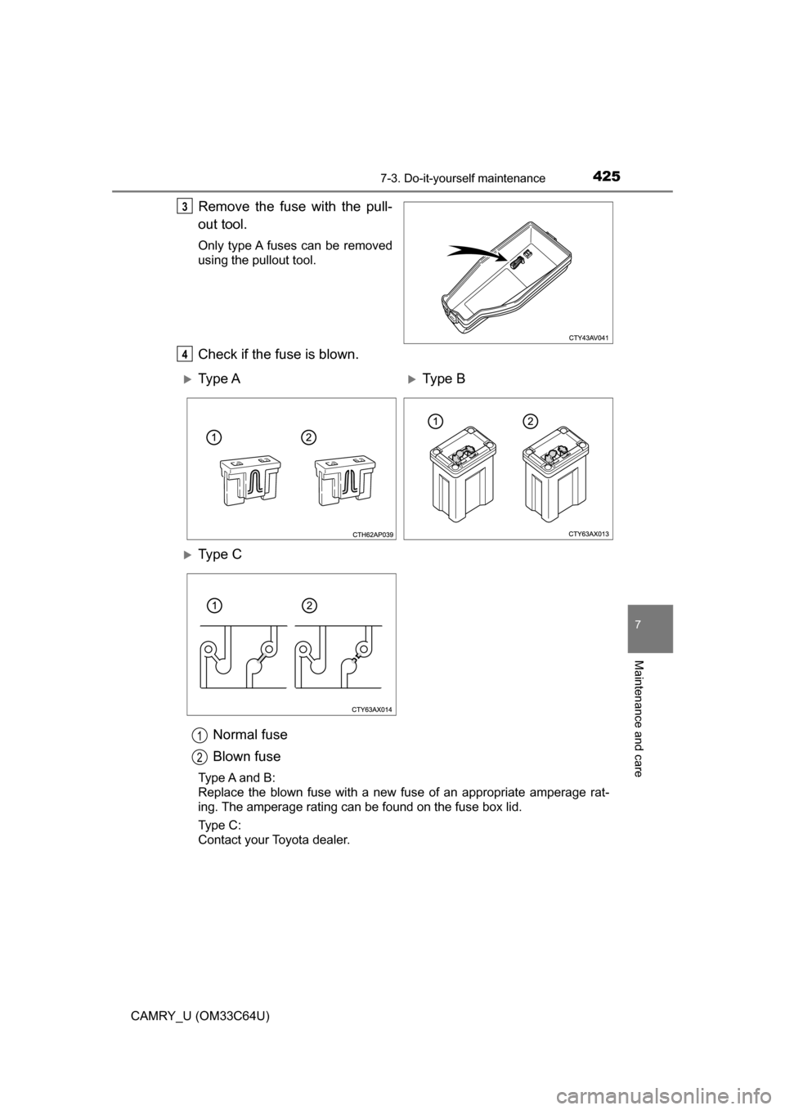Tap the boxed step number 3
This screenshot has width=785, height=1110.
click(x=186, y=206)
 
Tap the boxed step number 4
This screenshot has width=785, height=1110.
click(x=186, y=353)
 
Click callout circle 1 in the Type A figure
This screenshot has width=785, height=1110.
click(x=212, y=436)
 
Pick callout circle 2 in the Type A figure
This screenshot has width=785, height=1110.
click(x=306, y=436)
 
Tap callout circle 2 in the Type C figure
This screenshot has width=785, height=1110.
click(x=306, y=605)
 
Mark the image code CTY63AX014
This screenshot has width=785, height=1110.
click(x=374, y=709)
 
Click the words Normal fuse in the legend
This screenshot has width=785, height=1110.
click(x=249, y=734)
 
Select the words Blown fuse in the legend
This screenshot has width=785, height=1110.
click(x=246, y=756)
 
